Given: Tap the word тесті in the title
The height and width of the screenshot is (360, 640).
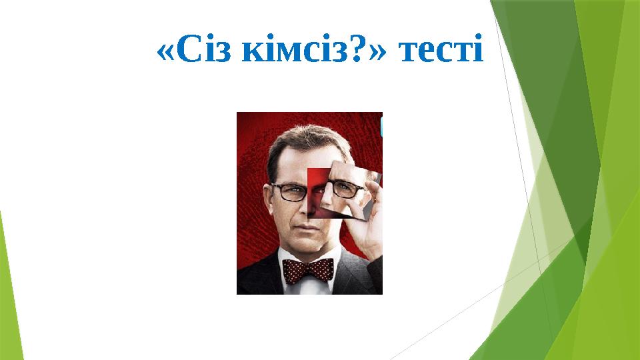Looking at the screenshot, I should click(439, 51).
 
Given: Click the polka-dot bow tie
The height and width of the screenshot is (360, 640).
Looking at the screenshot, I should click(308, 269).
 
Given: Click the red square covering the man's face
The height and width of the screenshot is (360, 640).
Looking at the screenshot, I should click(316, 193).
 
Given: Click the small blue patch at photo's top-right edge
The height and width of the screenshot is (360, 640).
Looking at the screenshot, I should click(381, 127).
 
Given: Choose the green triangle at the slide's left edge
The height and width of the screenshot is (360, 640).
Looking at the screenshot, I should click(10, 293).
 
